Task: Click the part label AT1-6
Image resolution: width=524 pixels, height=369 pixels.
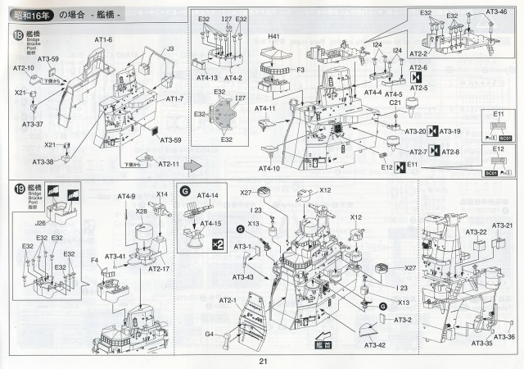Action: click(103, 40)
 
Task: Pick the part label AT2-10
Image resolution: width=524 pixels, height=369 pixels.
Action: click(24, 68)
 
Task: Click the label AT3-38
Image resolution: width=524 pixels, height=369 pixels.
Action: click(43, 162)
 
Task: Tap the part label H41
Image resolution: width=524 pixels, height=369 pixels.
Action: click(273, 36)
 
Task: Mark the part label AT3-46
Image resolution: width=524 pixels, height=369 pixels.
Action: click(495, 12)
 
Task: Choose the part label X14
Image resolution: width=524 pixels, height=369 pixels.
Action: click(162, 195)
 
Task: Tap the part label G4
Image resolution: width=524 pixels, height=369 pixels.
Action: click(209, 334)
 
